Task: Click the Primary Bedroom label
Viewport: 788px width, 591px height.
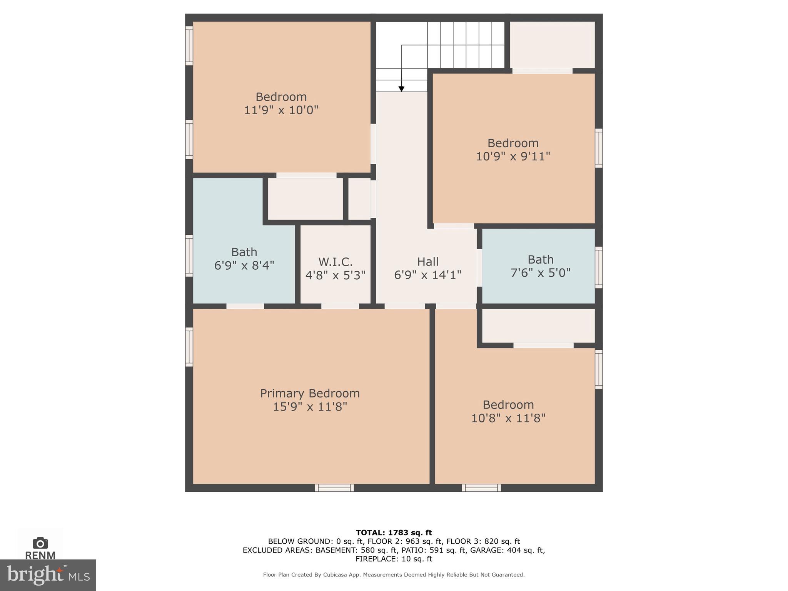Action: [310, 393]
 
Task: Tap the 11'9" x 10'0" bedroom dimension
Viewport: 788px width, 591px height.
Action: [281, 110]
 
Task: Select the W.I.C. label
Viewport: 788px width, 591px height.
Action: [335, 262]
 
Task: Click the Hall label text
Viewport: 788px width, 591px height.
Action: [427, 262]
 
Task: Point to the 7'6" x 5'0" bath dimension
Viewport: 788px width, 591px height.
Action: [540, 273]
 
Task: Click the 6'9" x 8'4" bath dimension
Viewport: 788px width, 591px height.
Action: [244, 265]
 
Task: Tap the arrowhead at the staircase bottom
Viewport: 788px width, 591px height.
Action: [401, 89]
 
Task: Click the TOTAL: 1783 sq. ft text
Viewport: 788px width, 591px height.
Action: [394, 533]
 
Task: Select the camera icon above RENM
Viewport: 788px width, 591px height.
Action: [40, 543]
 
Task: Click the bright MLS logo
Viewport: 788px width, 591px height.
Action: [48, 575]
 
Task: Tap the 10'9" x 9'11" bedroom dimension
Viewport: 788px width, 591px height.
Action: [513, 157]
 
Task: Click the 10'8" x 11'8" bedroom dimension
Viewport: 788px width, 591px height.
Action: [508, 418]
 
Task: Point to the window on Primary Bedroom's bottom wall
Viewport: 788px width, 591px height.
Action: [334, 488]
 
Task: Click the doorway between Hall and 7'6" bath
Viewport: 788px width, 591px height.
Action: [479, 268]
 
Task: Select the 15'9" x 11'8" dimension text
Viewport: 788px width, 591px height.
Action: [310, 407]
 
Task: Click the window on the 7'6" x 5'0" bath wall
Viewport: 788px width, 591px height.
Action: [599, 267]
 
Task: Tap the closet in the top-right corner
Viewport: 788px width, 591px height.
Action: [553, 45]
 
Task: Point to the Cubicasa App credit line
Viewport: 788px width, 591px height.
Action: [394, 575]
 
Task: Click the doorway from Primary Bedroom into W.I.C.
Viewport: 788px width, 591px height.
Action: [340, 306]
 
